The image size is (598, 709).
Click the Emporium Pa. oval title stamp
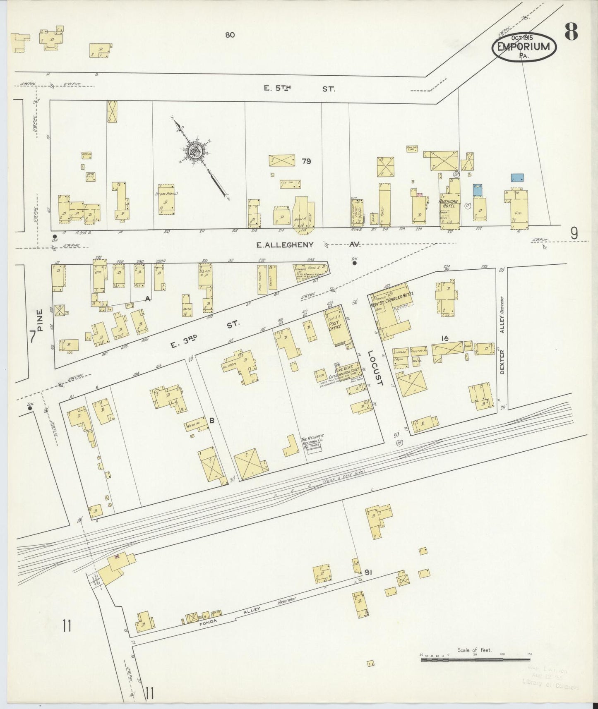click(524, 47)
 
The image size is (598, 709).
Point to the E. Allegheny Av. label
click(308, 245)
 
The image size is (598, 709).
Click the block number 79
click(306, 161)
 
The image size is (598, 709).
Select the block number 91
click(369, 572)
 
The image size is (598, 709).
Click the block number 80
click(230, 35)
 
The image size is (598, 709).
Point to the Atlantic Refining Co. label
click(312, 441)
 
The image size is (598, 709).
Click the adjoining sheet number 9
click(574, 234)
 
